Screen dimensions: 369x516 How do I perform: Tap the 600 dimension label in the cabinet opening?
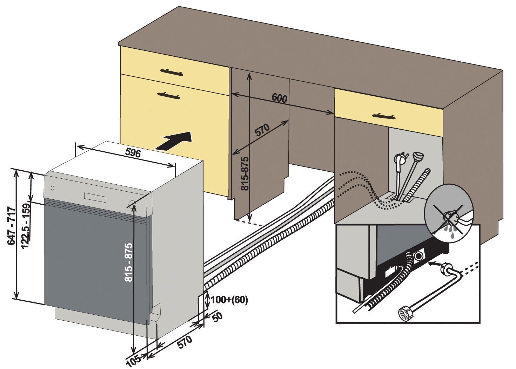coord(279,98)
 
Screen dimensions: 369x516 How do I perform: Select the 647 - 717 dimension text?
coord(11,226)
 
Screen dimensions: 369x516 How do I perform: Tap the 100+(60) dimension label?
coord(229,300)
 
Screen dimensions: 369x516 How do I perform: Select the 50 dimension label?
coord(217,317)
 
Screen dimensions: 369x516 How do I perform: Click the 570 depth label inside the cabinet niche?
coord(262,130)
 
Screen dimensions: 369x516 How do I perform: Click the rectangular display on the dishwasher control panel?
coord(95,197)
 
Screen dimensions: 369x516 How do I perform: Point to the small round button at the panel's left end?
coord(53,188)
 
